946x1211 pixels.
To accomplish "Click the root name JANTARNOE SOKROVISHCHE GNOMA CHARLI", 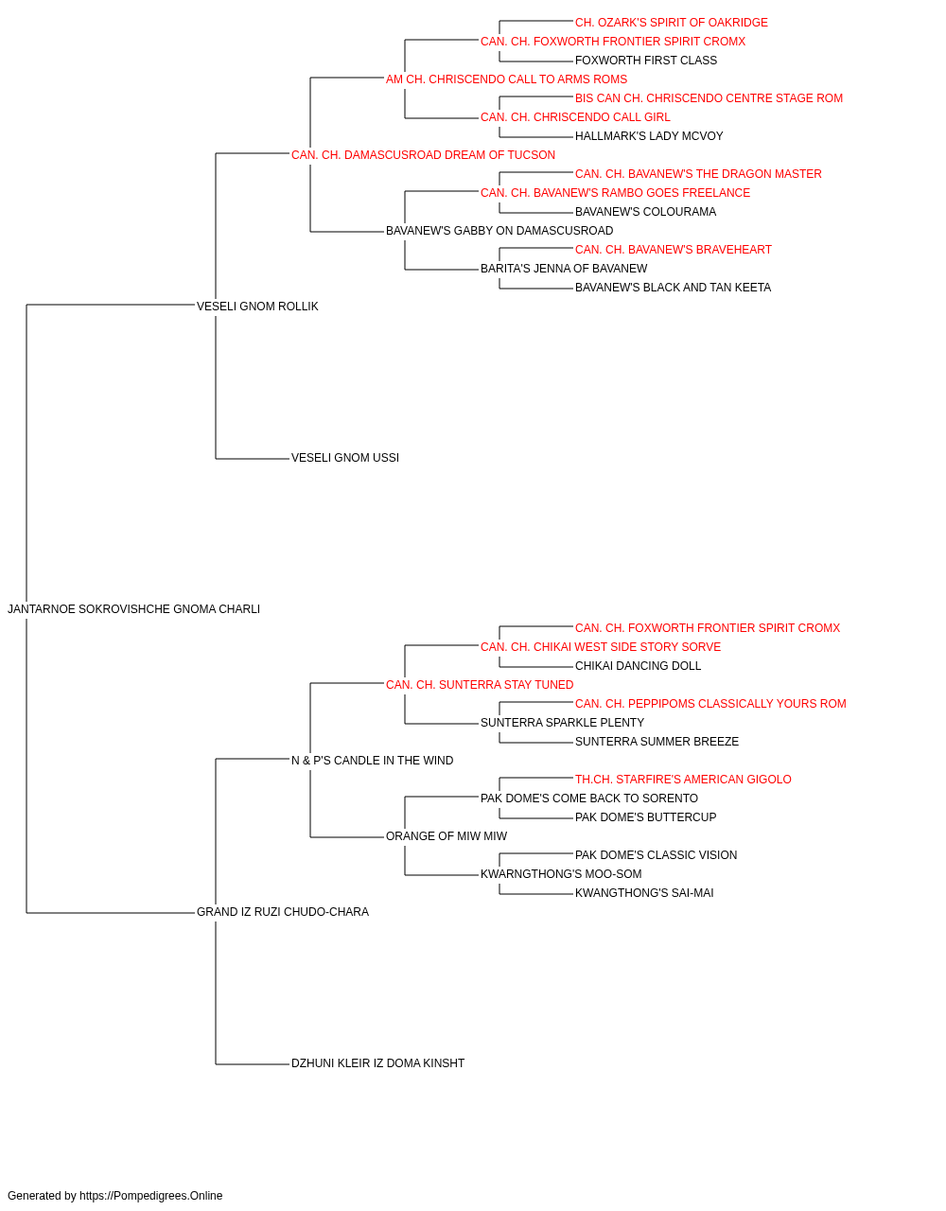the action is (133, 609).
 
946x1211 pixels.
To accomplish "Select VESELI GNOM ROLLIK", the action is (257, 307).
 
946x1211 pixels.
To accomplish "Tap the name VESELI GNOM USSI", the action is (345, 458).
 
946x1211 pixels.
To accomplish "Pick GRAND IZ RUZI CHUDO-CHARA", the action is (283, 912).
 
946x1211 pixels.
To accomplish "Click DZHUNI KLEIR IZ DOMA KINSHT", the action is (377, 1063).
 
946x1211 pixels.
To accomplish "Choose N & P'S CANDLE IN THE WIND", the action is (372, 761).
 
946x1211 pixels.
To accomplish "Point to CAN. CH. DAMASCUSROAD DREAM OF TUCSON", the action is (423, 155).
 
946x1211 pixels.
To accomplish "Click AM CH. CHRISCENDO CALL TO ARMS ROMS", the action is (506, 79).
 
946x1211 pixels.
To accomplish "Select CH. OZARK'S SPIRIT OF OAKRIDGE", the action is (672, 23).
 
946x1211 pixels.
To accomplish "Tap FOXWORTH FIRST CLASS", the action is (646, 61).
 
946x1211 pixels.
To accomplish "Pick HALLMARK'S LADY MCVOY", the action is (649, 136).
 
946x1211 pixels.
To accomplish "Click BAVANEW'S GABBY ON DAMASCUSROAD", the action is (499, 231).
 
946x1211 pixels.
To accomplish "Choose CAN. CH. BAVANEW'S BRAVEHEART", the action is (673, 250).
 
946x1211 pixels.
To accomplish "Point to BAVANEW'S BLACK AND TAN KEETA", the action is (673, 288).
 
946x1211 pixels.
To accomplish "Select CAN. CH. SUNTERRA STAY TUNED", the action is (480, 685).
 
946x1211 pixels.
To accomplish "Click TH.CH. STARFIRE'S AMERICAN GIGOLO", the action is (683, 780).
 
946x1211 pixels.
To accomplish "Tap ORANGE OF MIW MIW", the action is (447, 836).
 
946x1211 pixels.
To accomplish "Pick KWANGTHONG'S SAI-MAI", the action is (644, 893).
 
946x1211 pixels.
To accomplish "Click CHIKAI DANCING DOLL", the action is (638, 666).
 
